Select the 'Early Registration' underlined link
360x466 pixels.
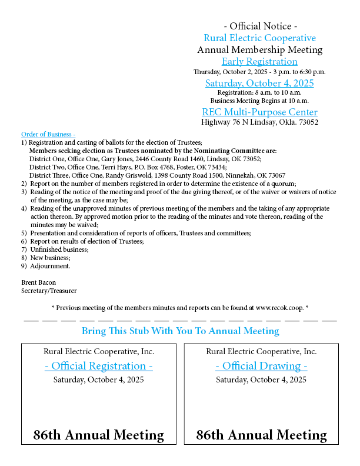pos(259,61)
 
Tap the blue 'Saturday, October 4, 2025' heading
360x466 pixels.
pos(259,83)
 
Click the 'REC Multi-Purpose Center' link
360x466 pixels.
pos(259,112)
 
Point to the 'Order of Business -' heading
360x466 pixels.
pos(48,134)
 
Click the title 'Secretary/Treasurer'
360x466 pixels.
pos(49,291)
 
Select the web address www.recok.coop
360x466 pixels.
pos(279,307)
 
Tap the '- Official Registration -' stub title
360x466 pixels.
pos(99,366)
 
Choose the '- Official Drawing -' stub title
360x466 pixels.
pos(261,366)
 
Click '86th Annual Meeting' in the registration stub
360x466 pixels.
pos(99,435)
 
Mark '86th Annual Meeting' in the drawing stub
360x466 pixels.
pos(261,435)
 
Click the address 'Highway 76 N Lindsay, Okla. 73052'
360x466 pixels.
pos(259,122)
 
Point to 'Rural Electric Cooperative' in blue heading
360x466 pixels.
pos(259,38)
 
